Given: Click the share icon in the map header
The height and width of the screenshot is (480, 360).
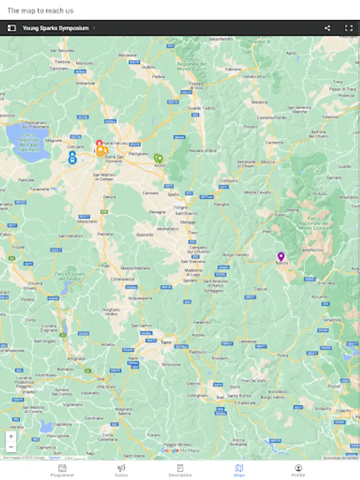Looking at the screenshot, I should (327, 28).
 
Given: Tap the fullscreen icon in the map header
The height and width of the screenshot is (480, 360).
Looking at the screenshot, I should (349, 28).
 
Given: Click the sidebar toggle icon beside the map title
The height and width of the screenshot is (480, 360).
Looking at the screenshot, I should (11, 28).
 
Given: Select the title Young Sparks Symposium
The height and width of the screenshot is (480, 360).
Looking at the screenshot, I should (55, 28).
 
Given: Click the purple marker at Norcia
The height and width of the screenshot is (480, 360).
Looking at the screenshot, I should (281, 257).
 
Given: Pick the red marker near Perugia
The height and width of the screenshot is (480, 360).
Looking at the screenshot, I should (99, 143).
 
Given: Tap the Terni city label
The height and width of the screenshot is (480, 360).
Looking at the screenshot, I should (166, 342).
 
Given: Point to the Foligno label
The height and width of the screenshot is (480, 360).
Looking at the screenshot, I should (180, 207).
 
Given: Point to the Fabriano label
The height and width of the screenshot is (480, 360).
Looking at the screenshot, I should (233, 69).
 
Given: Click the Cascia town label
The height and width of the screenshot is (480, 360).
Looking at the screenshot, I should (260, 289).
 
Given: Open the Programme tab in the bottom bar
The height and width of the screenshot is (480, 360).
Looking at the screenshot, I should (62, 470).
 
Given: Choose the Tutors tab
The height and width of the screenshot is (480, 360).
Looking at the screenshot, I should (122, 470).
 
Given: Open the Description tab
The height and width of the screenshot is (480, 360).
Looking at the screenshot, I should (180, 470).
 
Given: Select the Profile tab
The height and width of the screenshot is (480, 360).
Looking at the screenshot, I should (298, 470).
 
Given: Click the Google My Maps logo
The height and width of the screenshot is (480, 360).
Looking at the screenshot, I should (180, 451).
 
